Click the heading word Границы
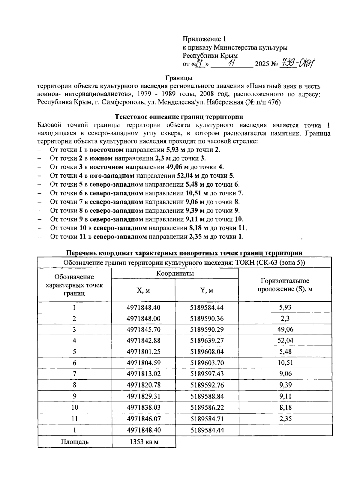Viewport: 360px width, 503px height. point(179,78)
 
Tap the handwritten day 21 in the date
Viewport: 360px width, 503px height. point(199,63)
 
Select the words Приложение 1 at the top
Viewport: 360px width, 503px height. point(204,39)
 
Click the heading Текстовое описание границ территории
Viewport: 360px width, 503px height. point(179,117)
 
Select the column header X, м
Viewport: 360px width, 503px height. point(143,290)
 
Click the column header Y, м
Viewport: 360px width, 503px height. point(206,290)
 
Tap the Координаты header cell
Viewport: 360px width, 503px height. point(175,273)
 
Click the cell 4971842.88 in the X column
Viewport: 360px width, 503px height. point(143,340)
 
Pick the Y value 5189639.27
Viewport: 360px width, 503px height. point(207,340)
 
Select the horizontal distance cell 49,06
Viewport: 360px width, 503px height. point(285,329)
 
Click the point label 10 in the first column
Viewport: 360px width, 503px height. point(74,407)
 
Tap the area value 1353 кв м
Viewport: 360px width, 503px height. point(144,442)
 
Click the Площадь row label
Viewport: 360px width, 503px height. point(75,442)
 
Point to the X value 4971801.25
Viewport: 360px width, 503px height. point(143,351)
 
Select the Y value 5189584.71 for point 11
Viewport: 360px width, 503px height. point(207,419)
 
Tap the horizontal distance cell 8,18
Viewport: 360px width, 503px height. point(285,407)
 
